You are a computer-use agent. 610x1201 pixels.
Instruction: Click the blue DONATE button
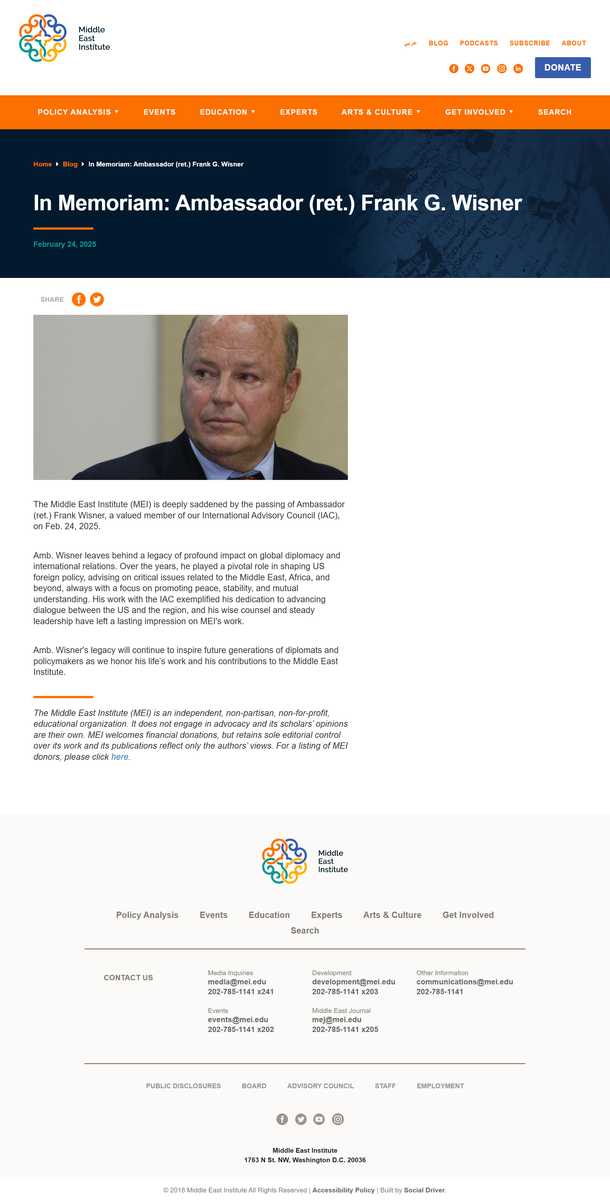tap(562, 68)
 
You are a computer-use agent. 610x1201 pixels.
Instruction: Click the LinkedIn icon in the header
tap(518, 69)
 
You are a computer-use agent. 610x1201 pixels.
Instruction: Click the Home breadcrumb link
tap(43, 165)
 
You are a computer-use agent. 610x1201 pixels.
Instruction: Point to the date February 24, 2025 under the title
tap(65, 244)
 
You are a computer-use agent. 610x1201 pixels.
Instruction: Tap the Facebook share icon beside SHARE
tap(79, 299)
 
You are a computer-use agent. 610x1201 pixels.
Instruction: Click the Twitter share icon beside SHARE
tap(97, 299)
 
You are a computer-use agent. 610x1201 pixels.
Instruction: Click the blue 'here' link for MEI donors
tap(119, 757)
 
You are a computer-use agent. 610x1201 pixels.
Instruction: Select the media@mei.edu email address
tap(237, 982)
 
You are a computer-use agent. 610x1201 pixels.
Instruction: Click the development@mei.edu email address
tap(354, 982)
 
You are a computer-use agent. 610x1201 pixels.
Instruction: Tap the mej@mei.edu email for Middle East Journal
tap(337, 1020)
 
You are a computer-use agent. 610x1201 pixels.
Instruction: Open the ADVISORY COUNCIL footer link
tap(320, 1086)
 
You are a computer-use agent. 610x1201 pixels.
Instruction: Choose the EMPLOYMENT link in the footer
tap(440, 1086)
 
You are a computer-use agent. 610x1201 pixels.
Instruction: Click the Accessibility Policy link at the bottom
tap(343, 1190)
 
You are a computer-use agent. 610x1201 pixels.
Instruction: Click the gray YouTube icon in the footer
tap(319, 1119)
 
